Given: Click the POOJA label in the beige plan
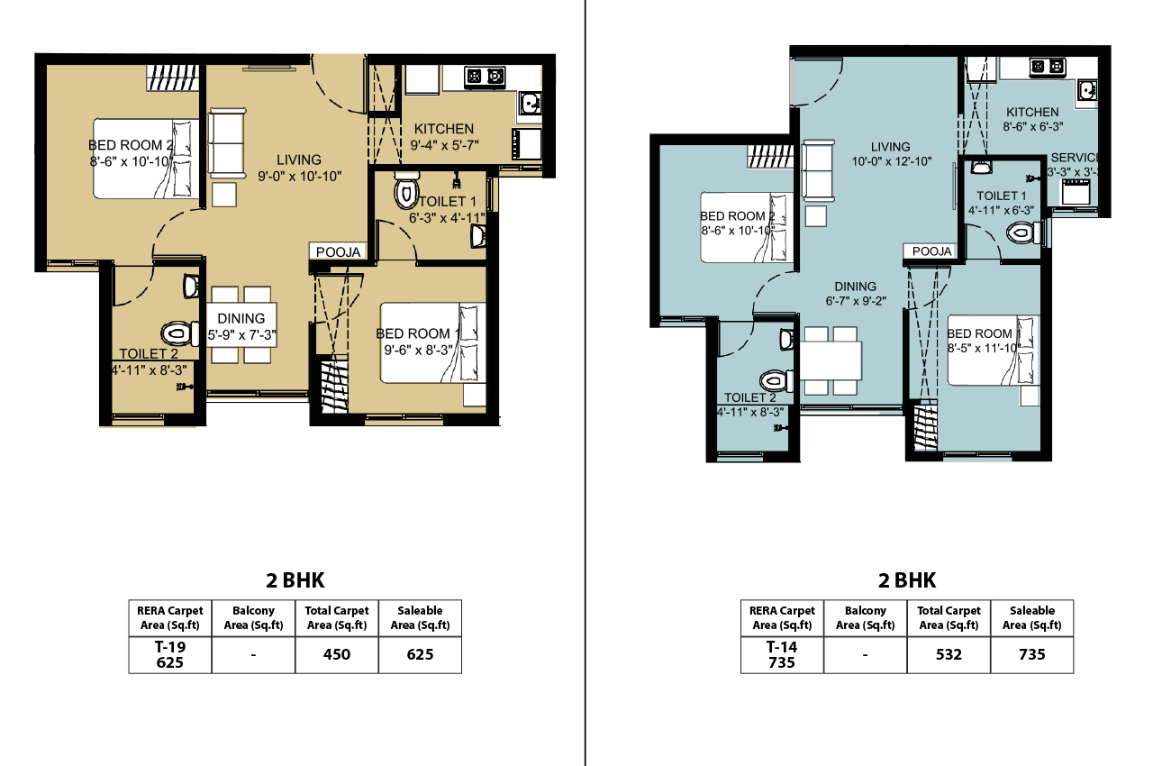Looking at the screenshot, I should pos(338,252).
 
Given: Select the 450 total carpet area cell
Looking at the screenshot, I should pos(336,654).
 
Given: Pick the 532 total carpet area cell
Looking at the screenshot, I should pos(948,654).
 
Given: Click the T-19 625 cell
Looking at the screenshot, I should pos(170,654).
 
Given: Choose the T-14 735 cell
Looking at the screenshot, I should pos(781,654).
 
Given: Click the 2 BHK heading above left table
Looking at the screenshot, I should pos(296,580).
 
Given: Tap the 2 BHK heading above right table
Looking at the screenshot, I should pos(907,580).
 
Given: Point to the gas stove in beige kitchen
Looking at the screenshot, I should pos(484,78).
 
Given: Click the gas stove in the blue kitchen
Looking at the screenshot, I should pos(1047,67).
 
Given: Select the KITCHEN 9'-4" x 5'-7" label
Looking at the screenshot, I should pos(442,137).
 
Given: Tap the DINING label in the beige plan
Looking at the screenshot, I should pos(241,318).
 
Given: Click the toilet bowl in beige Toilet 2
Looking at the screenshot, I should pos(181,334).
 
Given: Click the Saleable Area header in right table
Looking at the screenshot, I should pos(1031,617).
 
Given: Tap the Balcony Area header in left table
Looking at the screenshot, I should pos(253,617).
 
